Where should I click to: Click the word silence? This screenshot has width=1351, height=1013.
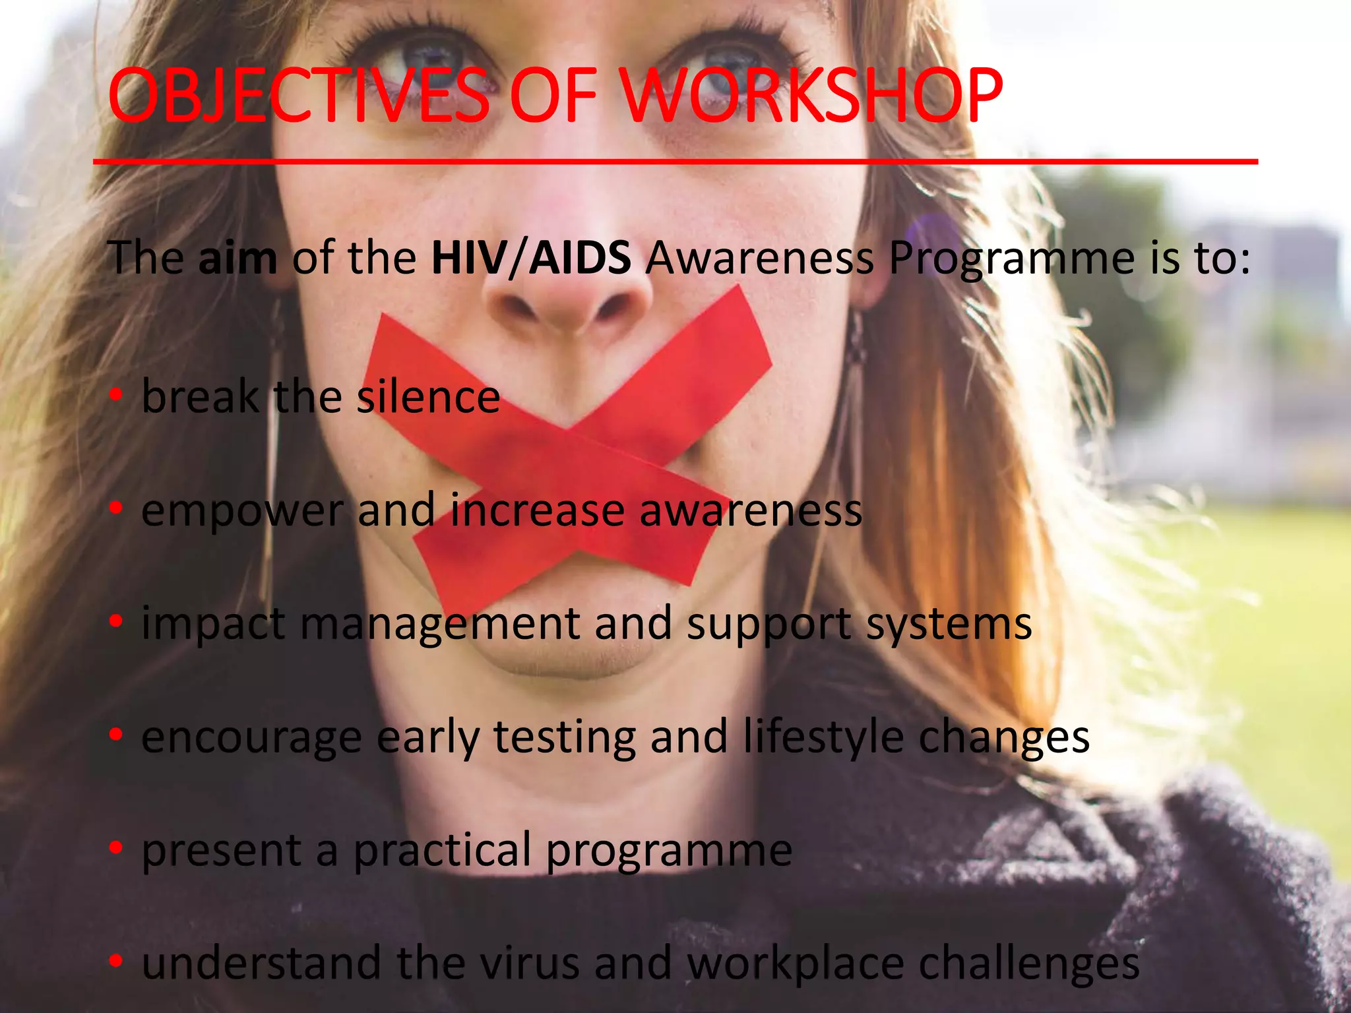[x=428, y=397]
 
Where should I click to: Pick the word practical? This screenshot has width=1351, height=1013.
[x=443, y=851]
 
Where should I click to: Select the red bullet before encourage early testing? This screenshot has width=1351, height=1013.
[x=116, y=734]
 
